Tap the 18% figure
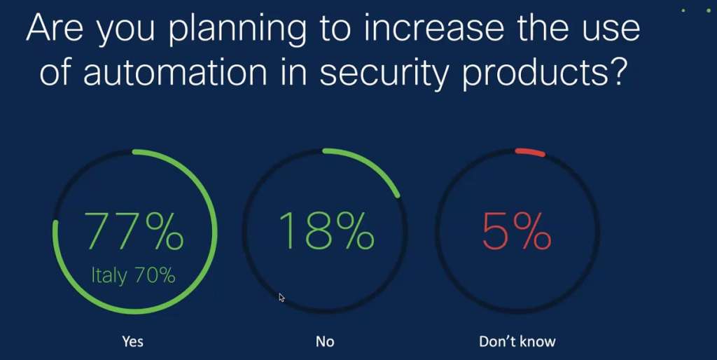coord(326,231)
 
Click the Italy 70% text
coord(133,275)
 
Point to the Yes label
coord(132,341)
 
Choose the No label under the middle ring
coord(325,341)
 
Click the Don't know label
coord(517,341)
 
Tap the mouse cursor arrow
coord(281,298)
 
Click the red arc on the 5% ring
coord(529,151)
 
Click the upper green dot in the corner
coord(683,11)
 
